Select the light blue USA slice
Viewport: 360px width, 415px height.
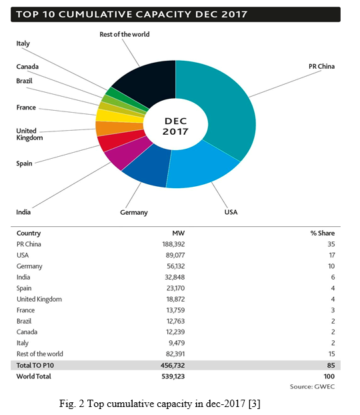(201, 169)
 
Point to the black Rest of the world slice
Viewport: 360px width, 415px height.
(148, 82)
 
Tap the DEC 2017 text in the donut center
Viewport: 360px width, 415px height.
(175, 126)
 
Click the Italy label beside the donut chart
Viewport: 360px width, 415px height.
(23, 43)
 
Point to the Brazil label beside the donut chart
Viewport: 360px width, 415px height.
(24, 81)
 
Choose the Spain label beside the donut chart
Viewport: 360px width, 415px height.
(24, 163)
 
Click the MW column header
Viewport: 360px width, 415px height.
(179, 233)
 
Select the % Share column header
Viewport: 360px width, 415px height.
(323, 233)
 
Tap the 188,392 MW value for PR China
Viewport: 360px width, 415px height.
(173, 244)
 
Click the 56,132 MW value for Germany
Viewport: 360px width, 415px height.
(175, 266)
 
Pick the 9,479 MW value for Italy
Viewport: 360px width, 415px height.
(177, 343)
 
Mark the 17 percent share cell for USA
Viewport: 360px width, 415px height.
(332, 255)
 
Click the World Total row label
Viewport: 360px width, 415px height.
(33, 376)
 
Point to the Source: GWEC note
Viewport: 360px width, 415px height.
(312, 387)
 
